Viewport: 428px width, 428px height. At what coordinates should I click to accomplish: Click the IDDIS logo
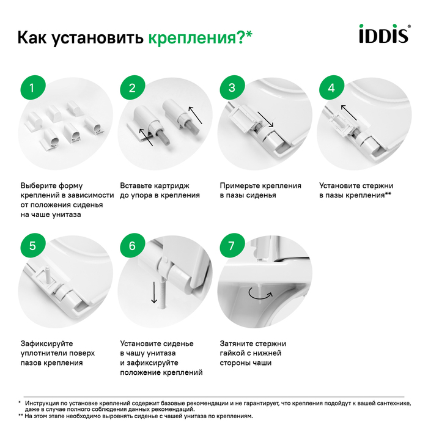coord(385,34)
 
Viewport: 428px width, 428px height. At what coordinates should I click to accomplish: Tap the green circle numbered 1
coord(32,87)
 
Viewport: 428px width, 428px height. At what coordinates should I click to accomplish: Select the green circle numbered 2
coord(133,87)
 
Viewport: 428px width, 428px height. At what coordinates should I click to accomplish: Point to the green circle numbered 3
coord(232,87)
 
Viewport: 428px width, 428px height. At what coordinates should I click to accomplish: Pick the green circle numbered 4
coord(331,87)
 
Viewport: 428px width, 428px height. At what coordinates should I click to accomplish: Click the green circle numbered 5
coord(32,246)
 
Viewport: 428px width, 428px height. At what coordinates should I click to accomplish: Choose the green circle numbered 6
coord(133,246)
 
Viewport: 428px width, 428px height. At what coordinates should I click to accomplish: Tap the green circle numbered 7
coord(232,246)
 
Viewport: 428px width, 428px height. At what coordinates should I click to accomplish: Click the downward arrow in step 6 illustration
coord(154,292)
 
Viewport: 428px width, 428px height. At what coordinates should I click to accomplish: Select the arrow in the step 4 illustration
coord(349,113)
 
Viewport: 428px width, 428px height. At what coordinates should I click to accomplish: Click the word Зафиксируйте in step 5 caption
coord(47,344)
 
